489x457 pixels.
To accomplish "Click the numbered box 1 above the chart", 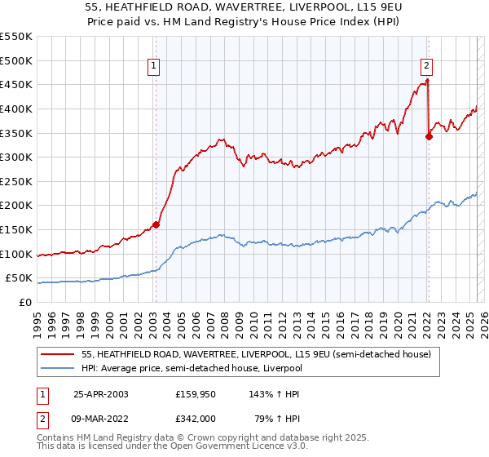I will tap(154, 68).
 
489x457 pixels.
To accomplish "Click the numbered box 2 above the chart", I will tap(427, 68).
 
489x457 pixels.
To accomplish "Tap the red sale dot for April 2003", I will tap(156, 224).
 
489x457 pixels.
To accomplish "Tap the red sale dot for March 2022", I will tap(429, 136).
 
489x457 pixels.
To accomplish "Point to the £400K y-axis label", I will tap(16, 109).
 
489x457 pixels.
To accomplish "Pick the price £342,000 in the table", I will tap(196, 418).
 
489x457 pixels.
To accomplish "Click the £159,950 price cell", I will tap(196, 393).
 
